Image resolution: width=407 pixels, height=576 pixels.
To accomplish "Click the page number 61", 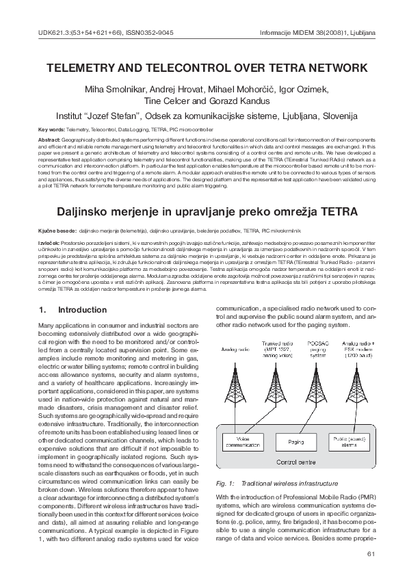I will coord(372,553).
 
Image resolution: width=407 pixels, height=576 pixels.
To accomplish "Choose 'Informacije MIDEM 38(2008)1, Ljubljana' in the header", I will coord(318,33).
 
